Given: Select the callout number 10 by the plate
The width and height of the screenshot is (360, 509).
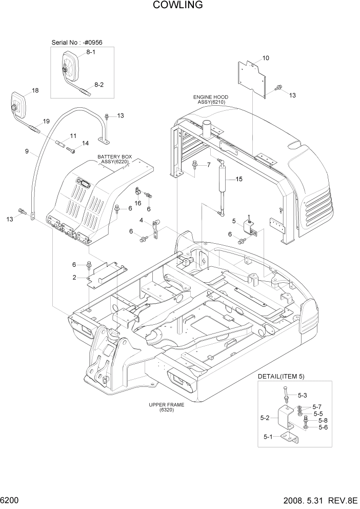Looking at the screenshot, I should tap(266, 58).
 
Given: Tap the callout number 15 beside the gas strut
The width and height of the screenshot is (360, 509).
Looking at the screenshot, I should tap(238, 179).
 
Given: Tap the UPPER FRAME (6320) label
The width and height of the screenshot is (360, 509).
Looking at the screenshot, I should tap(167, 407).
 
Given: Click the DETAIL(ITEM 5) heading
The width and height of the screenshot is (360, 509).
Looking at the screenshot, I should tap(281, 377).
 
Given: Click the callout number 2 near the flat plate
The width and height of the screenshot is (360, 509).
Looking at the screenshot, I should tap(74, 277).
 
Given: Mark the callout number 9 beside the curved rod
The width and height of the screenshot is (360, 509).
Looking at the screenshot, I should tap(27, 152).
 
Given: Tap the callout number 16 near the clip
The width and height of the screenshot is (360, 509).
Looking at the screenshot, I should tap(138, 203).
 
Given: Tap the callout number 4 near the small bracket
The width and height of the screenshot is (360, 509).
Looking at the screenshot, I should tap(141, 221).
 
